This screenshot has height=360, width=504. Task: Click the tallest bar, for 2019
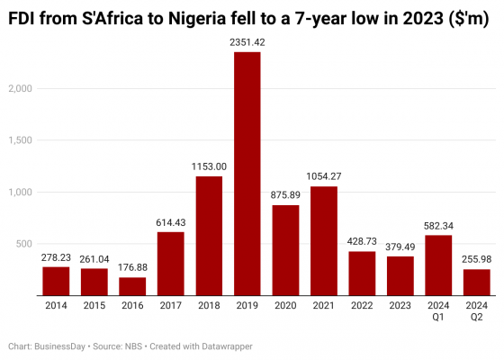[247, 174]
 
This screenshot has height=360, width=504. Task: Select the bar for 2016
[132, 286]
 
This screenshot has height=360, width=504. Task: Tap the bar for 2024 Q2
[477, 283]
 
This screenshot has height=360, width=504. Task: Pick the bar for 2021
[324, 241]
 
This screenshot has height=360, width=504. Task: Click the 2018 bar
[209, 236]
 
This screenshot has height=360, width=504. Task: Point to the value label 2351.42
[247, 42]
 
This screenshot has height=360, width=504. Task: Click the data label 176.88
[132, 267]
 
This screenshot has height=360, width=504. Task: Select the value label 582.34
[438, 226]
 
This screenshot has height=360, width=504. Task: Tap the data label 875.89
[285, 195]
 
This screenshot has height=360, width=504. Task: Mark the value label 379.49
[400, 247]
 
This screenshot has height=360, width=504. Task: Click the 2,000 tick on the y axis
[20, 89]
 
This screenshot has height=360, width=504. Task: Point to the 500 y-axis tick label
[24, 244]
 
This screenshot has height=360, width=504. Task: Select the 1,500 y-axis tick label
[20, 140]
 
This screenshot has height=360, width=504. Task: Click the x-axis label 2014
[56, 305]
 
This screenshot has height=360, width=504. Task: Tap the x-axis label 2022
[362, 305]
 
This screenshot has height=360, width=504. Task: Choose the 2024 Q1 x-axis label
[438, 311]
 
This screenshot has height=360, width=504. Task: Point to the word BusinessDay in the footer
[59, 346]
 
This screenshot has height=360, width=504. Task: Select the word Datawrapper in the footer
[227, 346]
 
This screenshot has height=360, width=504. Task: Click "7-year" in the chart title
[320, 19]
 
